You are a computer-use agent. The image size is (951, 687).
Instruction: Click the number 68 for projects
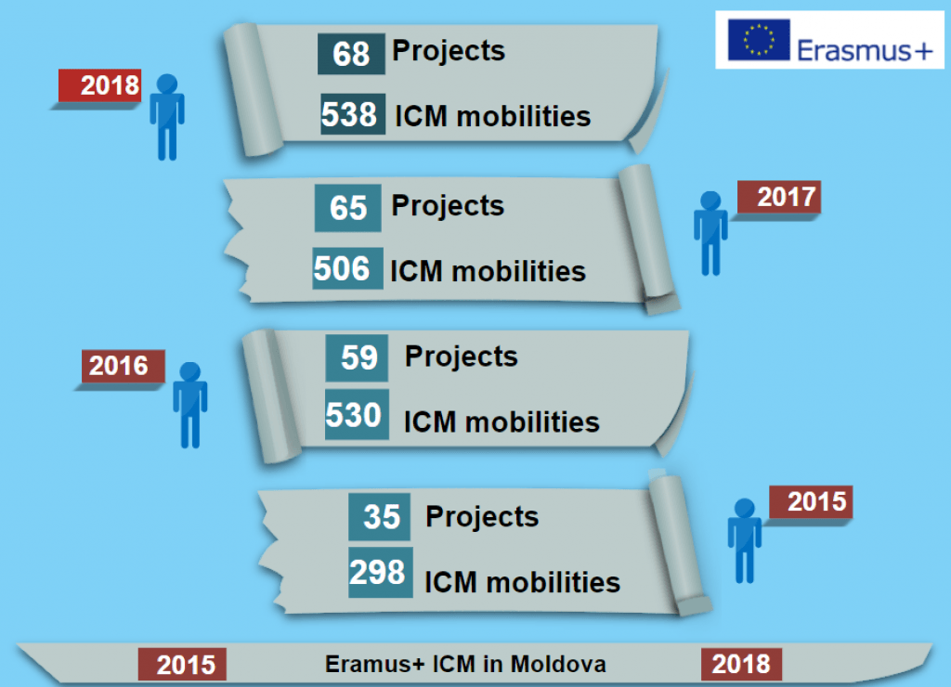click(351, 53)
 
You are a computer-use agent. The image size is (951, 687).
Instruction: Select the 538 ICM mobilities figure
click(349, 114)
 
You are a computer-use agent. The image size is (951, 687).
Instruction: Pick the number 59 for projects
click(358, 358)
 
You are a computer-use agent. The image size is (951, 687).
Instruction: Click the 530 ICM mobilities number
click(355, 415)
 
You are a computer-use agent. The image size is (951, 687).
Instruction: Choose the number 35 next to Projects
click(381, 517)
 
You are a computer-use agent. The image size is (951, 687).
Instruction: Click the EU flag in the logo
click(759, 40)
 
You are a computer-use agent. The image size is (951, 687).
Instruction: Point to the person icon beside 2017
click(710, 233)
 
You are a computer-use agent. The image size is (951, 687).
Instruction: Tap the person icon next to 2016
click(190, 404)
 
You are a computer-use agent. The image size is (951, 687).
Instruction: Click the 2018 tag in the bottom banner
click(742, 664)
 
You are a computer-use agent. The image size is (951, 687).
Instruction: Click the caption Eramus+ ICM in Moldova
click(465, 664)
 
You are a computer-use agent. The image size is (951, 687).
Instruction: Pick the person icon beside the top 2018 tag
click(167, 116)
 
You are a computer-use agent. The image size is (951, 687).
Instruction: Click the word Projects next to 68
click(449, 50)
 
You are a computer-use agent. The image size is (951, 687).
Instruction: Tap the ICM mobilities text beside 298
click(522, 582)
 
